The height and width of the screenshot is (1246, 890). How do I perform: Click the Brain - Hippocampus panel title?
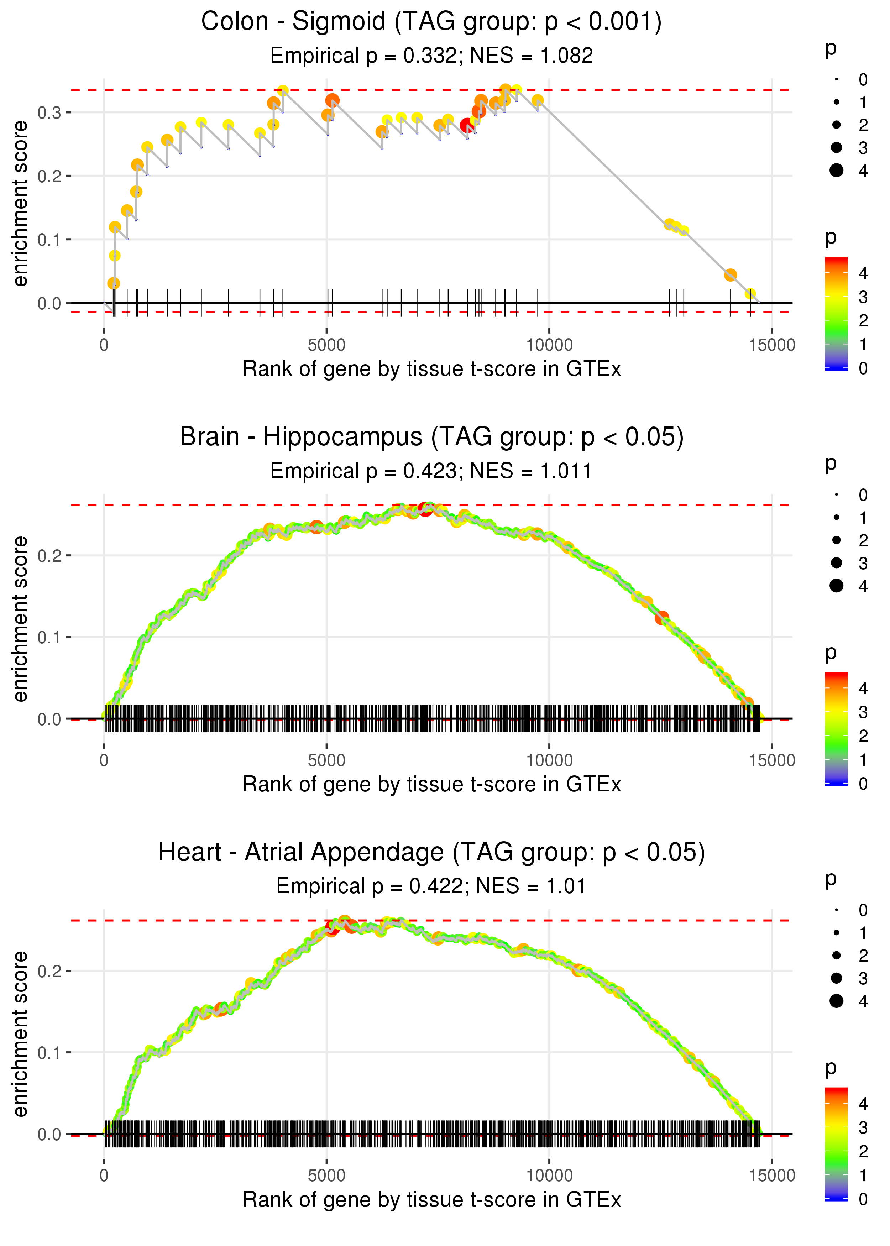(x=431, y=437)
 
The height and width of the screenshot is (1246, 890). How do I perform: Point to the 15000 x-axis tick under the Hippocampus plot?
(x=771, y=760)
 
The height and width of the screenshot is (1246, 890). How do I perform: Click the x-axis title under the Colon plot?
(x=432, y=369)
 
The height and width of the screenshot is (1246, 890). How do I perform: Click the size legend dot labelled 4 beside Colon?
(x=836, y=171)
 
